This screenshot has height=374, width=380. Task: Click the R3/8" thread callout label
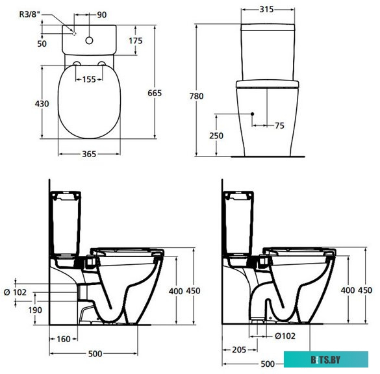[x=29, y=14]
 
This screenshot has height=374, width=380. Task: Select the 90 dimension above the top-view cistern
[x=102, y=15]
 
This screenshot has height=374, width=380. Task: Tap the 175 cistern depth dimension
[x=136, y=41]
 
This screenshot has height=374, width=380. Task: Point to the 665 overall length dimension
[x=155, y=93]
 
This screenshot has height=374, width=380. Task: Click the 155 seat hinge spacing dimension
[x=89, y=79]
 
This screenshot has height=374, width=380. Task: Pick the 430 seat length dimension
[x=42, y=104]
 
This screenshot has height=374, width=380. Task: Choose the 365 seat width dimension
[x=89, y=154]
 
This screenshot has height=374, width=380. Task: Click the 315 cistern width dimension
[x=266, y=9]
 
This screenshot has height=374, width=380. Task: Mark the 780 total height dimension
[x=197, y=96]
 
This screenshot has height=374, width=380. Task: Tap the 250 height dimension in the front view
[x=216, y=136]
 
